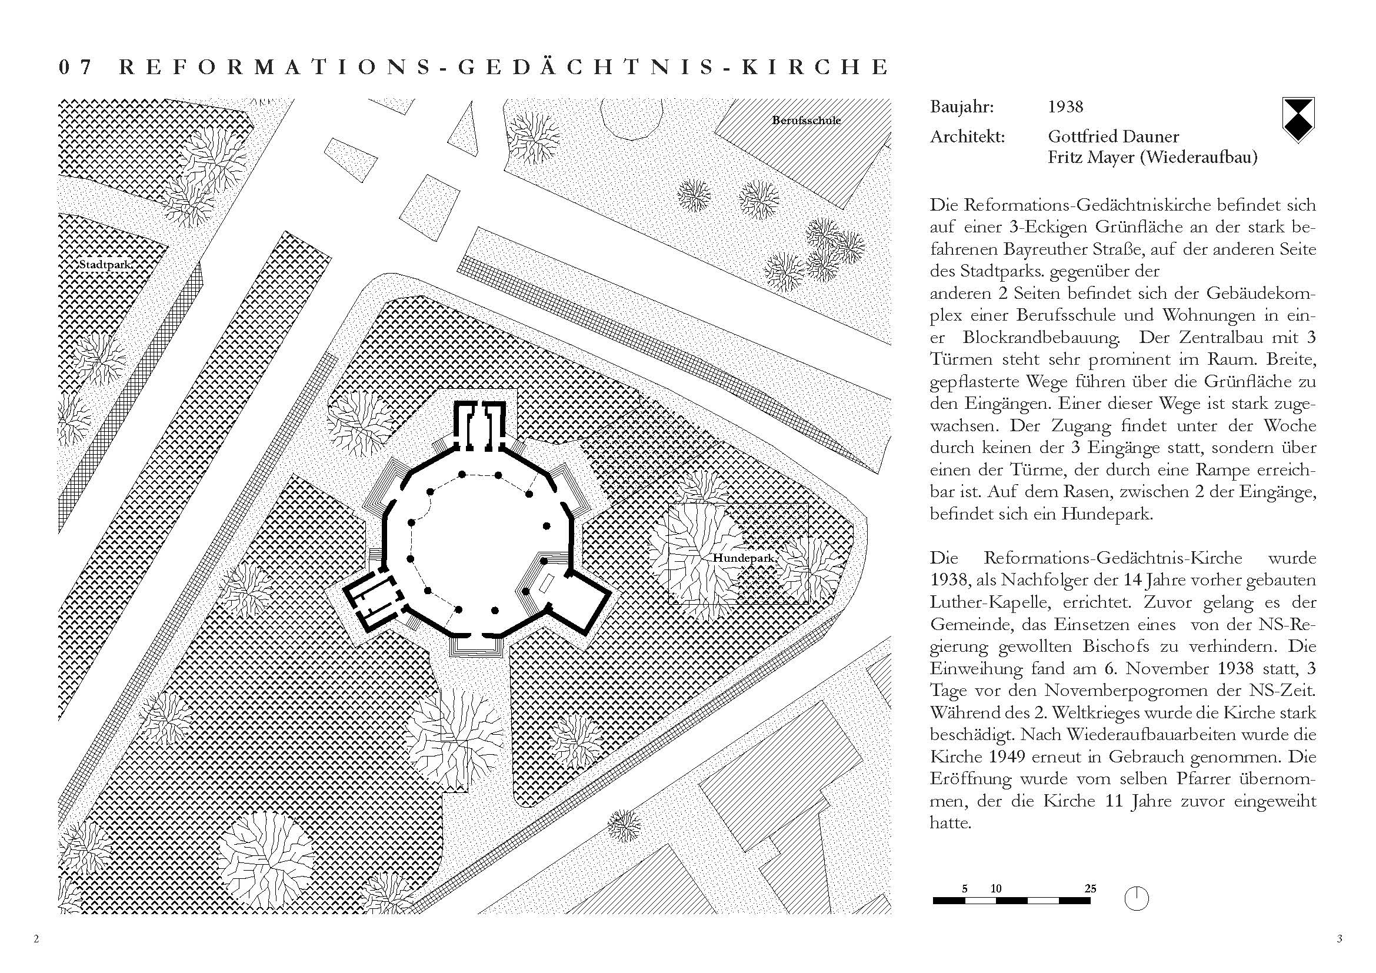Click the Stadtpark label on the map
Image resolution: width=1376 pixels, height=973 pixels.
click(105, 265)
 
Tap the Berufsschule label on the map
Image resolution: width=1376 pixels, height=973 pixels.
click(806, 121)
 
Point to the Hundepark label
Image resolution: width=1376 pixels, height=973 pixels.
click(742, 558)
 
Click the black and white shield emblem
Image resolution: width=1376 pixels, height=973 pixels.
click(1298, 120)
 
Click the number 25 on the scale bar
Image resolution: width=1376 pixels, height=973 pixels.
click(1090, 888)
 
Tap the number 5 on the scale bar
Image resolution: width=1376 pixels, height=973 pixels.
click(965, 888)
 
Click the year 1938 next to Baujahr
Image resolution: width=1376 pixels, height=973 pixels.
click(1065, 107)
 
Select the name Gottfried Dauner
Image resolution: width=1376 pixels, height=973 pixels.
click(1114, 136)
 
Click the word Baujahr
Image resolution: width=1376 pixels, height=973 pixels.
click(961, 107)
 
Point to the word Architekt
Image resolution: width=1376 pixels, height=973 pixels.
click(967, 136)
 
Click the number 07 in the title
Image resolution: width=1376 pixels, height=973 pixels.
click(75, 67)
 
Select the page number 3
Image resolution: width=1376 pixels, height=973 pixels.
click(1340, 939)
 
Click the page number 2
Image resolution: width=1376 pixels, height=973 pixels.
click(36, 939)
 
